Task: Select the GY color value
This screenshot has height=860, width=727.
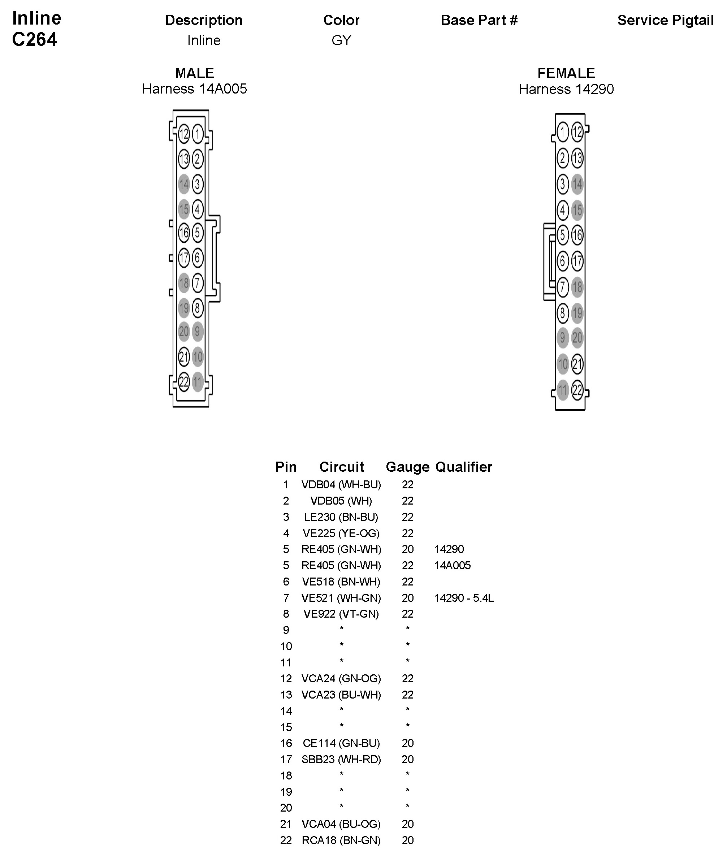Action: point(341,40)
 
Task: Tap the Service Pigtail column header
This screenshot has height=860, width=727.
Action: point(665,20)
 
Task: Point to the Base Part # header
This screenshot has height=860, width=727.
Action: point(479,20)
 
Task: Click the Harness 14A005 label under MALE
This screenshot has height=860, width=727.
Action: point(195,89)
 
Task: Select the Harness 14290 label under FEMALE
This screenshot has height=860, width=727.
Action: point(566,89)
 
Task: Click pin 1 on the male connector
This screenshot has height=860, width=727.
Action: point(198,134)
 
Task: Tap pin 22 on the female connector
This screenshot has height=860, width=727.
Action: point(577,390)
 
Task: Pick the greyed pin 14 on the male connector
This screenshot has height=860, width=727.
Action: point(184,184)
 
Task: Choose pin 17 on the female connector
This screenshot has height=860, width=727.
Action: point(577,261)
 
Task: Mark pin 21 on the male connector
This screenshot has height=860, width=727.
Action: point(184,357)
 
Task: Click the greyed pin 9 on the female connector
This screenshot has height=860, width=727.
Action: point(563,338)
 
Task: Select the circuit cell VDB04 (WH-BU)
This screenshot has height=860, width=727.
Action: point(341,485)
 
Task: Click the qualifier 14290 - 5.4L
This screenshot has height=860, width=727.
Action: point(464,598)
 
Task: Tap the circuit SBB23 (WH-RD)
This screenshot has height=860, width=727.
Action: point(341,760)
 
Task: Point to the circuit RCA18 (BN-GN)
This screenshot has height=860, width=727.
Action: point(341,840)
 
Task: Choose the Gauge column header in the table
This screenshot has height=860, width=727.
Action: point(407,467)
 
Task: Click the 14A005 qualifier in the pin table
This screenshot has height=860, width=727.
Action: point(452,565)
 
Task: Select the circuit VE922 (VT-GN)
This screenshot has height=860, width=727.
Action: point(341,614)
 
